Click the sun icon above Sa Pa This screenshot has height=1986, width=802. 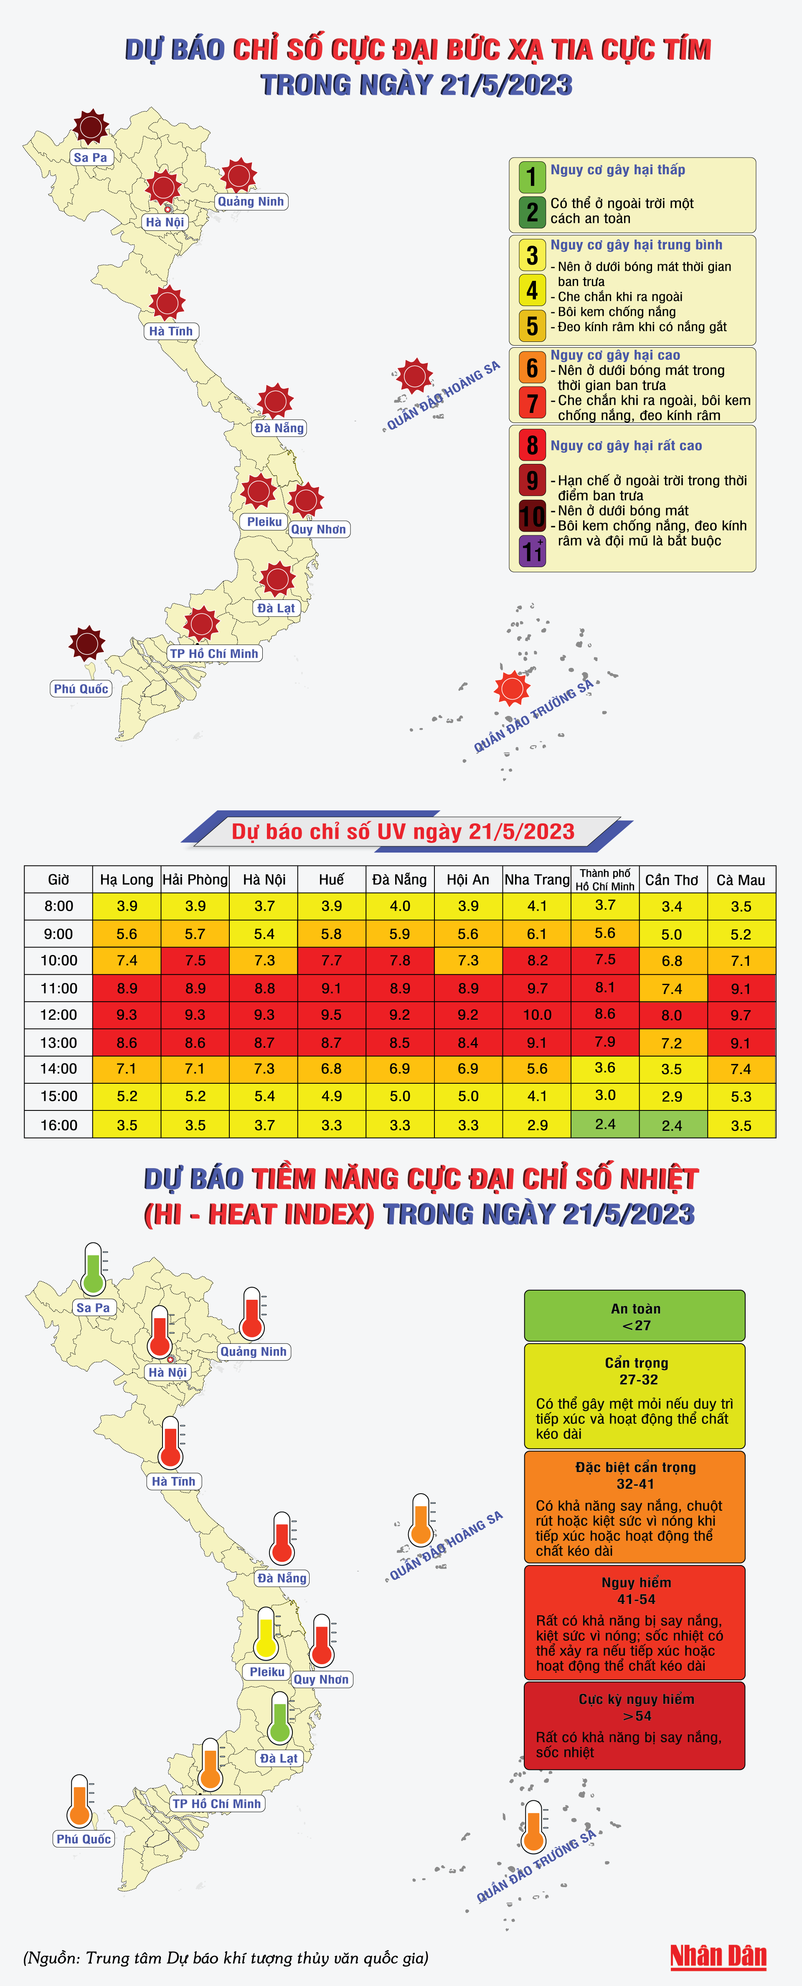tap(91, 127)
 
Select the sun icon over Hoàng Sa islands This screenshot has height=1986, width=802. tap(414, 376)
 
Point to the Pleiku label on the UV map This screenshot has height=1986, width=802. tap(264, 522)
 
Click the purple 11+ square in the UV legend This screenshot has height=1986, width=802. tap(532, 551)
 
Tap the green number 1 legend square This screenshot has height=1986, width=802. tap(532, 176)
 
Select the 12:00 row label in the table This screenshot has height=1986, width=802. tap(58, 1015)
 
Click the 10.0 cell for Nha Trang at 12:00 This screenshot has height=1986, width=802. tap(537, 1015)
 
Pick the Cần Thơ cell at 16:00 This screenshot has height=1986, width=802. tap(672, 1125)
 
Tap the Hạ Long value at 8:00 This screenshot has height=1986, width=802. tap(127, 906)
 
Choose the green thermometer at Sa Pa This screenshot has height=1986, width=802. tap(93, 1268)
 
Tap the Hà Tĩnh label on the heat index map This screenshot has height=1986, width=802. tap(173, 1481)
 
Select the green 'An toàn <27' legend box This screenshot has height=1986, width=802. tap(635, 1316)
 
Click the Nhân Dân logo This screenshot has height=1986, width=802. tap(718, 1956)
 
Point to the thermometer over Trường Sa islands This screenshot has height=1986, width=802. tap(533, 1827)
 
